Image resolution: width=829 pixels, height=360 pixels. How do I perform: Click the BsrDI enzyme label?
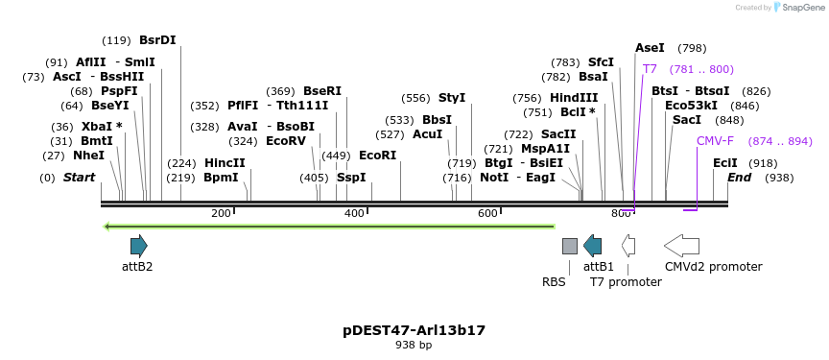157,40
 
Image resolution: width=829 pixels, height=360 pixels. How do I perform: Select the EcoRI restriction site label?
377,155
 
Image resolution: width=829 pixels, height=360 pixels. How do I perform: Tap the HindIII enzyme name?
574,98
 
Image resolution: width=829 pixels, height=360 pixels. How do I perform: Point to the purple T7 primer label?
650,69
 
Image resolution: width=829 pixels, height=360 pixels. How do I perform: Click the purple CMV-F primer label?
715,141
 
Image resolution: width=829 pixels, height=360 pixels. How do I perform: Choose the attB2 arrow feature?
138,245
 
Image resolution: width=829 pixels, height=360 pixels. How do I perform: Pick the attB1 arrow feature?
593,246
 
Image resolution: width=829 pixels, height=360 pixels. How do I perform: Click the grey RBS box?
570,246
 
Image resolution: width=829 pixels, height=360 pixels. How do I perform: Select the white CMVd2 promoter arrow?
681,246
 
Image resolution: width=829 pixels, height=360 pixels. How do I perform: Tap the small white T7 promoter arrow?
628,246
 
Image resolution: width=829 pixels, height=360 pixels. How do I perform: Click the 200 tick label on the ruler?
221,213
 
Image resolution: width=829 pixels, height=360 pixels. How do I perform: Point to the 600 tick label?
487,213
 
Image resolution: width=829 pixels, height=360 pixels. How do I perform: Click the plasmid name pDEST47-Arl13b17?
414,330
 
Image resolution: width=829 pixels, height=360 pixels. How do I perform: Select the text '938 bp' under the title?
414,345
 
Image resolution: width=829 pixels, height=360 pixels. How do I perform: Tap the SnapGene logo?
798,8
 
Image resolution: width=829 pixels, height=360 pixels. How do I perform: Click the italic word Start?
79,178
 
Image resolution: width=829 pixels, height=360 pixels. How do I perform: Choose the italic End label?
739,178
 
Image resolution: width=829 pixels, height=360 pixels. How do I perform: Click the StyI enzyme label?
452,98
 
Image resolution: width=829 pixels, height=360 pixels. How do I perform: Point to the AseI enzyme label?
650,48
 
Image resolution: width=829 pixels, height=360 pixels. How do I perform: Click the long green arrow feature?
329,227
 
